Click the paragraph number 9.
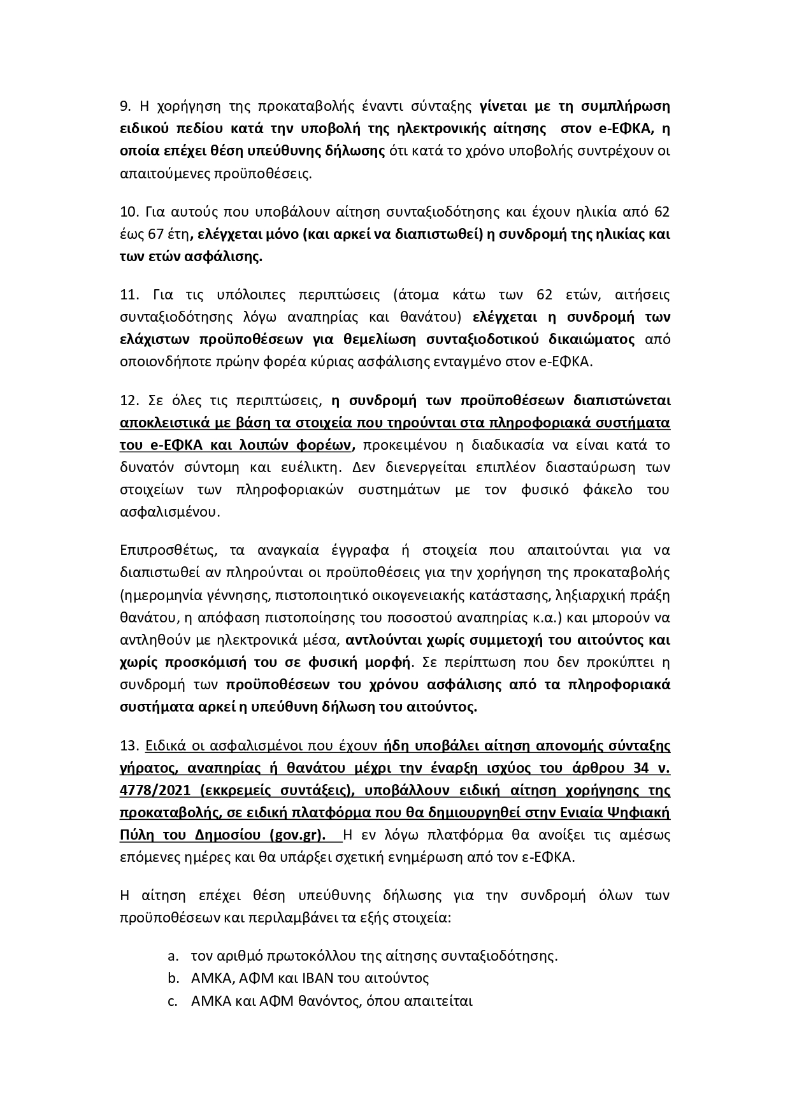[125, 106]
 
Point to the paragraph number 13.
[129, 745]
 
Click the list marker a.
[173, 956]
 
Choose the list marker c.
[172, 1000]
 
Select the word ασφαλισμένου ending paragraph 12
[169, 512]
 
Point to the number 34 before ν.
[640, 768]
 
